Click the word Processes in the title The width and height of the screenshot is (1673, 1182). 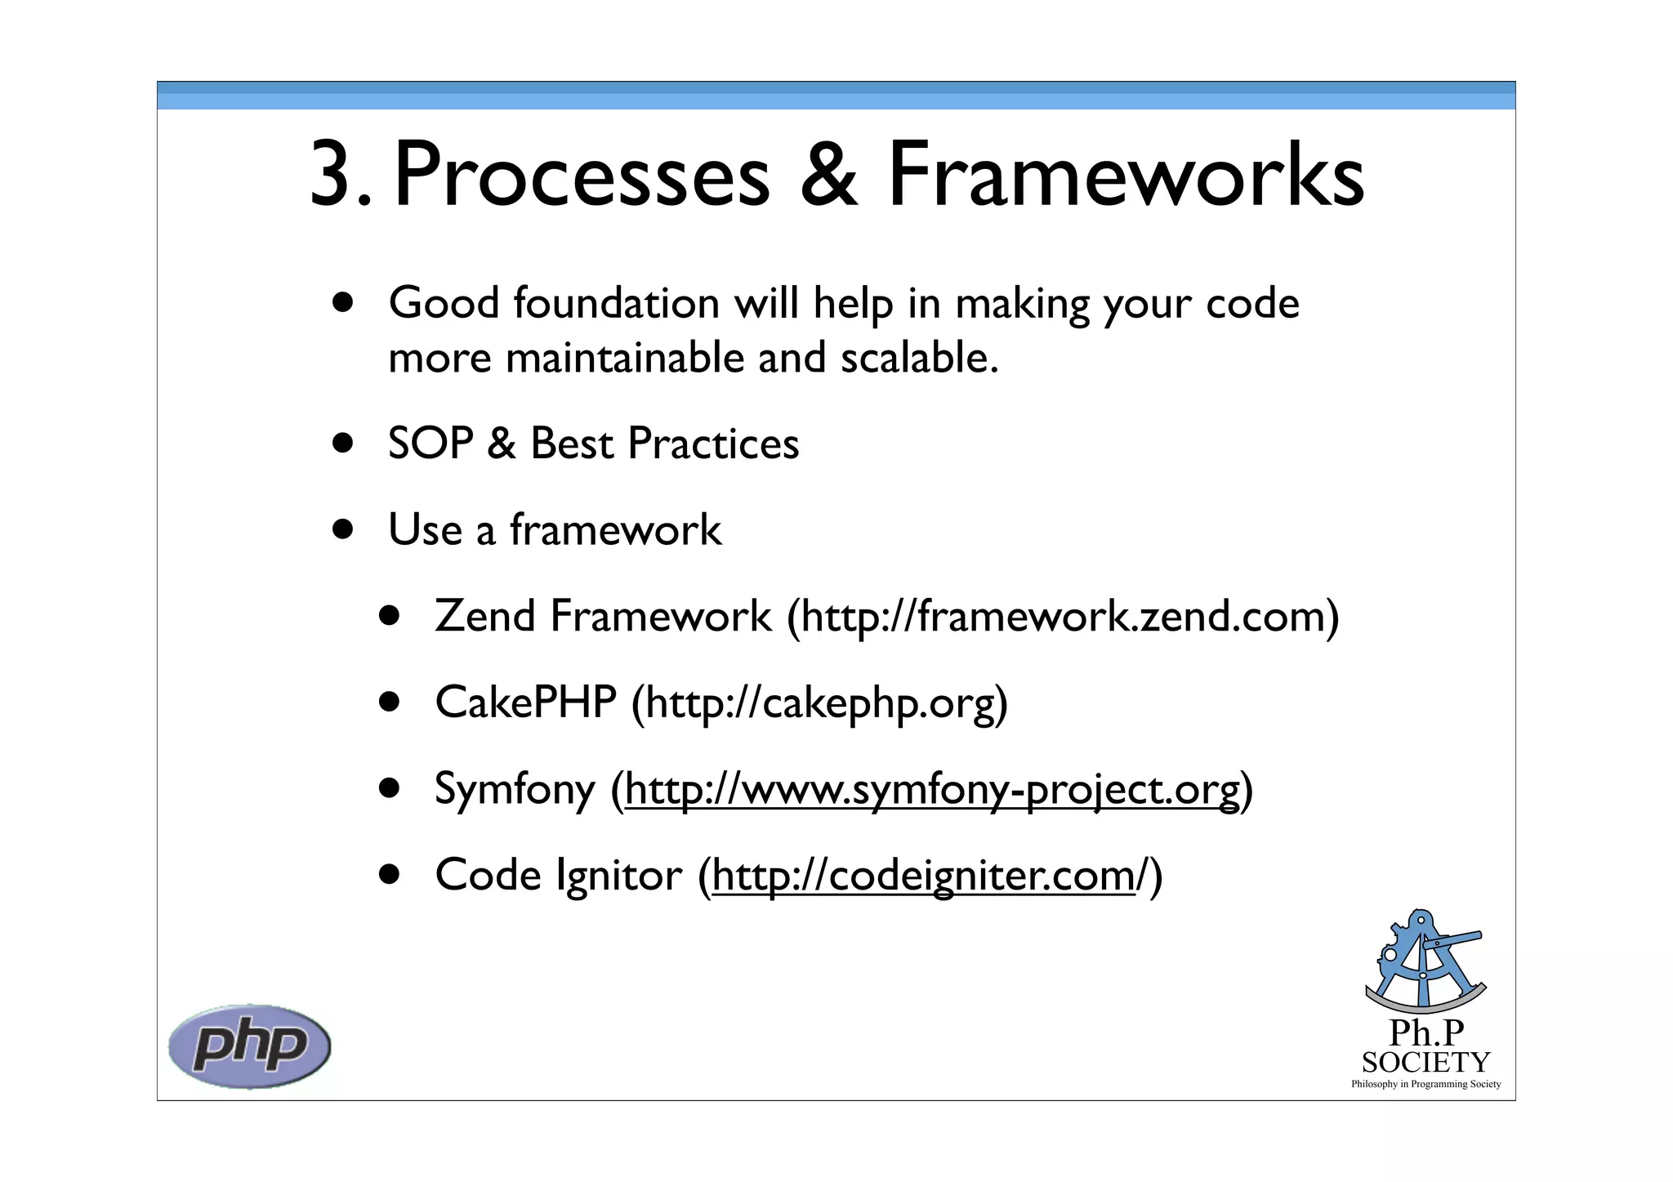click(582, 176)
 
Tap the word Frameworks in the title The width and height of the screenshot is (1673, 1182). click(1126, 176)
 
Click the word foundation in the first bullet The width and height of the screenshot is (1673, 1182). click(616, 304)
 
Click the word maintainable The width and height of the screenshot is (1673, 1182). click(624, 359)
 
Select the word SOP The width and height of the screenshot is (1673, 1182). click(431, 444)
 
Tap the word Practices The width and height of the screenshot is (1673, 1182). click(713, 444)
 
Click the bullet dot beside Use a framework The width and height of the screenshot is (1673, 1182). click(343, 529)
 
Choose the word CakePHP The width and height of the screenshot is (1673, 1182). click(525, 703)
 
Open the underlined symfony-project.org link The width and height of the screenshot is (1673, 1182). click(931, 790)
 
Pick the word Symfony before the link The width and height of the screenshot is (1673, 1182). click(515, 790)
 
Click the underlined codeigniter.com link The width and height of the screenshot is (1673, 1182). click(923, 876)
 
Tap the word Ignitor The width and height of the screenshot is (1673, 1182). click(618, 876)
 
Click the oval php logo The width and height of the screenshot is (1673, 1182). click(249, 1046)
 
